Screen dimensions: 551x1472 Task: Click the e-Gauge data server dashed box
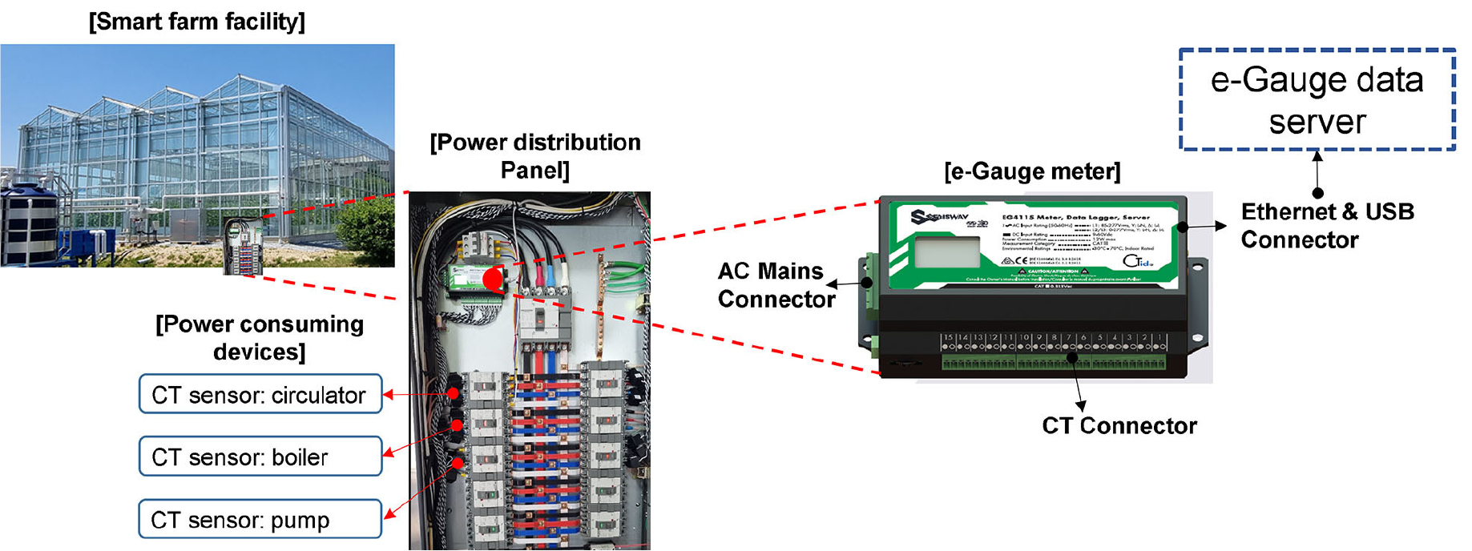tap(1317, 100)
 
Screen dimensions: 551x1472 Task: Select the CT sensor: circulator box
tap(260, 394)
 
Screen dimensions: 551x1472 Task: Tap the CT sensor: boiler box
tap(260, 456)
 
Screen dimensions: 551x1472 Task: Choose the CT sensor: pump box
tap(260, 520)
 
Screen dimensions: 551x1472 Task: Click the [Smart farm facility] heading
tap(197, 22)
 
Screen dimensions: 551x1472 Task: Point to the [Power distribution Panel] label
tap(534, 156)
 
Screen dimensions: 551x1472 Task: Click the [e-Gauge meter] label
tap(1032, 171)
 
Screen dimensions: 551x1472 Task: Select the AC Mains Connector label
tap(775, 285)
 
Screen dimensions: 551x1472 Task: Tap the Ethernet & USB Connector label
tap(1327, 226)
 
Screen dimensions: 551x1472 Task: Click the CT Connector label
tap(1119, 426)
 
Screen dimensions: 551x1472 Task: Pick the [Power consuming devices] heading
tap(259, 338)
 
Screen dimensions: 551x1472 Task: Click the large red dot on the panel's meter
tap(493, 280)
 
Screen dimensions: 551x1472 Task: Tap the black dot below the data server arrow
tap(1317, 193)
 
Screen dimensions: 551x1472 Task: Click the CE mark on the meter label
tap(1020, 261)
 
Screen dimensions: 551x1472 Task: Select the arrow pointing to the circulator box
tap(417, 394)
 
